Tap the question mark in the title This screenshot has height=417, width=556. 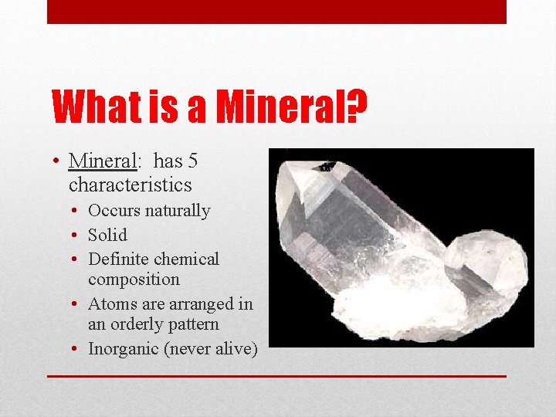357,106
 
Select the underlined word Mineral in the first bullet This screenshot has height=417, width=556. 102,161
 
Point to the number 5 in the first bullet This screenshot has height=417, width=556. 193,161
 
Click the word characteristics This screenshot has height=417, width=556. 130,185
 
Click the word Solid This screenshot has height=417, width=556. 107,235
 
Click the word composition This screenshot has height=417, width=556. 134,280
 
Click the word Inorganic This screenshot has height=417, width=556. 123,348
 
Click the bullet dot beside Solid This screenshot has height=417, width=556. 78,235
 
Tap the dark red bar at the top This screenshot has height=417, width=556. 276,12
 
